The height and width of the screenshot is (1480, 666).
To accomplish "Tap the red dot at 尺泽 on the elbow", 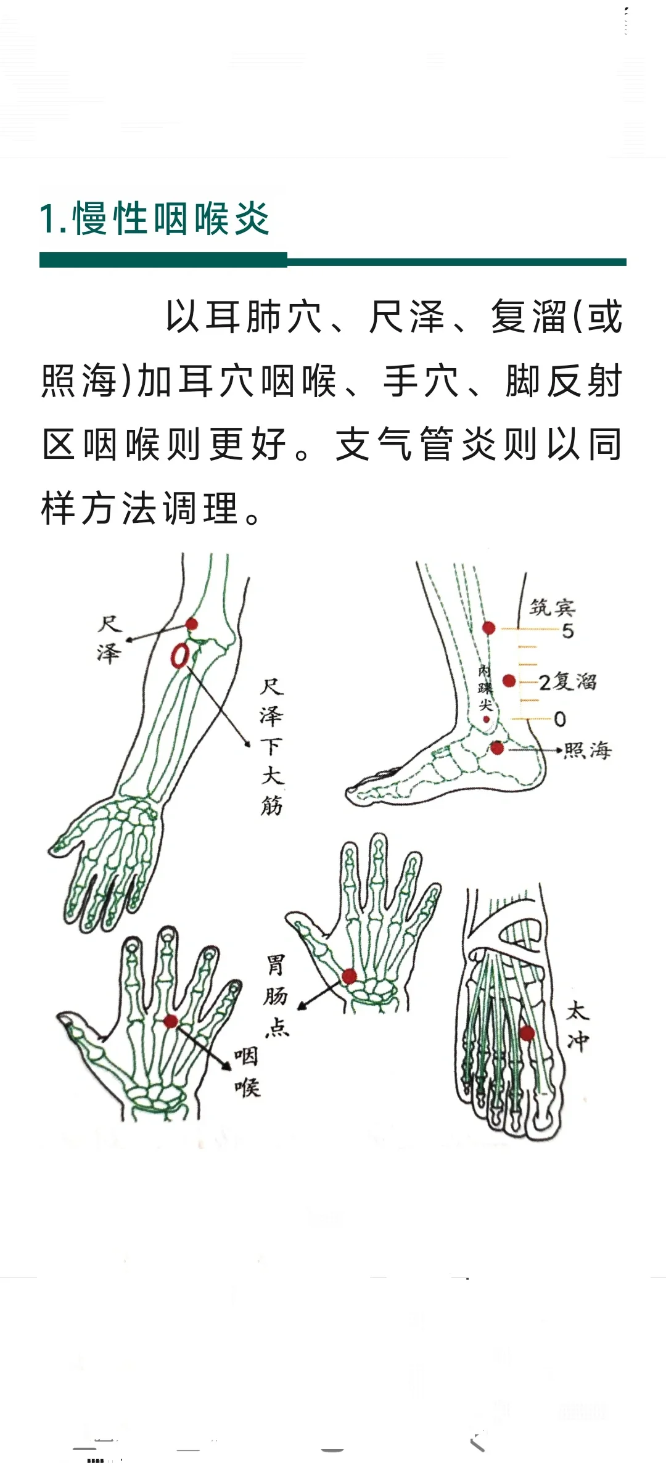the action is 192,624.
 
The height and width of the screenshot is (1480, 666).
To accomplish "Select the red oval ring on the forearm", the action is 180,656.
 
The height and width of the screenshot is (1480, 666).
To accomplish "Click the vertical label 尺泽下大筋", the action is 271,746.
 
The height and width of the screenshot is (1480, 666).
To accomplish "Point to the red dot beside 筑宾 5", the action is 488,628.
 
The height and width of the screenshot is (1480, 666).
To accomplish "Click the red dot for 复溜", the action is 509,681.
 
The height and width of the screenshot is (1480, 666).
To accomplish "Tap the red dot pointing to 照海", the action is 497,749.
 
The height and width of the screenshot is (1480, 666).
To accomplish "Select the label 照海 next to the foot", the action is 588,750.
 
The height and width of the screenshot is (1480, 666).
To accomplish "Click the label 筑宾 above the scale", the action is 553,607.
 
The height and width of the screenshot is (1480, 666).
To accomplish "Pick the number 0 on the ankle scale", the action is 560,719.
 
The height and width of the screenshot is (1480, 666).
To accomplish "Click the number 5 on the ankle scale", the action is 568,631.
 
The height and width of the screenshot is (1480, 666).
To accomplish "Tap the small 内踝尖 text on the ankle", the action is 486,688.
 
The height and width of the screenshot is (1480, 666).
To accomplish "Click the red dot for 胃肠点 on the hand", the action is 349,976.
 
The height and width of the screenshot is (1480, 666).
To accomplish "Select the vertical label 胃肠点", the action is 276,995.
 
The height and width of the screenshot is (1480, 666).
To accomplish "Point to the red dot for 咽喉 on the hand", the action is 171,1021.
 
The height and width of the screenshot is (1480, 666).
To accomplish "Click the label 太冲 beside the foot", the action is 578,1027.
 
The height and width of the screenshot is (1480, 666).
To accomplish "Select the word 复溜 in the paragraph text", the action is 529,317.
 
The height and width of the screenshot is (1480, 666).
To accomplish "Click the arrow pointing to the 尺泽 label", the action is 154,633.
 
